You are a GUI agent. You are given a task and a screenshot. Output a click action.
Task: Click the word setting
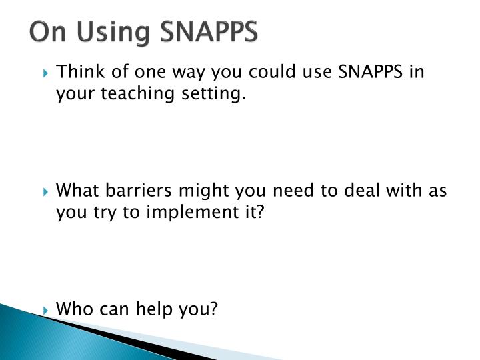click(x=212, y=95)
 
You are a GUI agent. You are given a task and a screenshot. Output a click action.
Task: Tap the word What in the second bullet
click(x=77, y=191)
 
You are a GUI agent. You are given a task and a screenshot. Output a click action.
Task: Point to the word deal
click(x=360, y=191)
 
